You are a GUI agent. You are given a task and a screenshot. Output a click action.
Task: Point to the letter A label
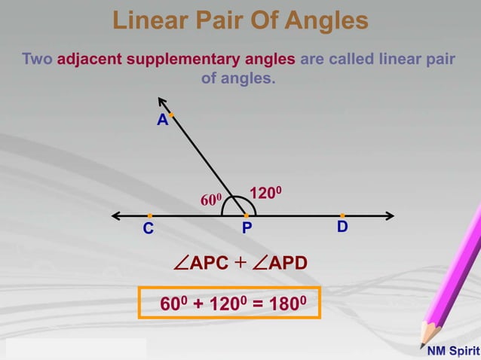point(161,121)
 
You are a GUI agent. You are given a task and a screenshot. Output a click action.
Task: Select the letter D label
point(342,227)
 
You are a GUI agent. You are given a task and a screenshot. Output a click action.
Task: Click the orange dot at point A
point(171,115)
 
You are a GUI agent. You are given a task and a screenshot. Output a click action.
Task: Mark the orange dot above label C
point(150,216)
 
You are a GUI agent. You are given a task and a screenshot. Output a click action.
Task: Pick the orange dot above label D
point(342,216)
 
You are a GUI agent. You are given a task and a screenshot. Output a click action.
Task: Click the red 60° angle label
point(210,200)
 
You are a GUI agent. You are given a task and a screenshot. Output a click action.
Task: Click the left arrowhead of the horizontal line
point(115,216)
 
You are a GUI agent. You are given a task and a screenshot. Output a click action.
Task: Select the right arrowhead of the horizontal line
point(390,216)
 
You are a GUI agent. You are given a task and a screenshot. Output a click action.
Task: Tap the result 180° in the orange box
point(290,304)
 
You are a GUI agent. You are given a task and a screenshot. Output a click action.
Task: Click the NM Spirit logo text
point(453,351)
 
